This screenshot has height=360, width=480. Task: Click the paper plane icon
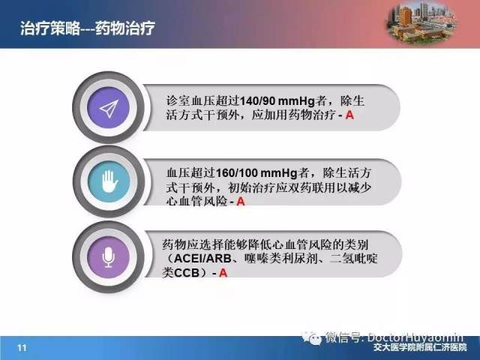[x=109, y=109]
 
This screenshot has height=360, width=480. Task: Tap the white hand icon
[x=109, y=181]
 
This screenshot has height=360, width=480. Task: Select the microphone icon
[x=109, y=257]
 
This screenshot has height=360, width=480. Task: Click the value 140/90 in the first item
[x=257, y=101]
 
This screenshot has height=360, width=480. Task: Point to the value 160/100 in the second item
[x=237, y=173]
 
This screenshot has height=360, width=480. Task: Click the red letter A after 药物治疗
[x=349, y=115]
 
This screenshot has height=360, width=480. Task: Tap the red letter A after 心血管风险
[x=241, y=202]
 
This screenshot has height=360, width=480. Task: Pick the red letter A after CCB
[x=223, y=272]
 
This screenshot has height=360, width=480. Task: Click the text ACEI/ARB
[x=202, y=258]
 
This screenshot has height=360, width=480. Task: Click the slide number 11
[x=22, y=348]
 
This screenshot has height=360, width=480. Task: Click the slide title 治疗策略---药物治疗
[x=88, y=28]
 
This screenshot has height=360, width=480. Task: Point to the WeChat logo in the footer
[x=312, y=338]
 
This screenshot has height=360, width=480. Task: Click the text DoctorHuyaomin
[x=415, y=337]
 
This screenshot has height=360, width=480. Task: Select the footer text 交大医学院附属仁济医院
[x=420, y=347]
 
